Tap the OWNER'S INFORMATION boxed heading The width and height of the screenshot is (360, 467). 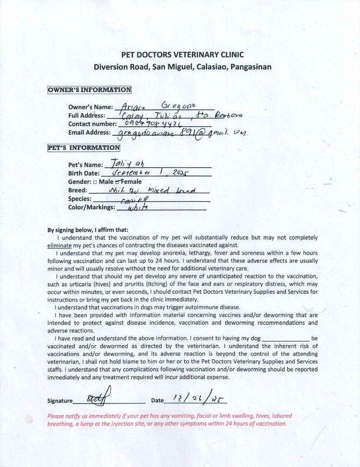coord(90,90)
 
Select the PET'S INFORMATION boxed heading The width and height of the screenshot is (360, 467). coord(84,147)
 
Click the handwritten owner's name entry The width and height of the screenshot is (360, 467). coord(158,107)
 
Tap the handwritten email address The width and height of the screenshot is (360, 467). coord(178,132)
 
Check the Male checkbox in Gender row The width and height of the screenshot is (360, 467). coord(95,182)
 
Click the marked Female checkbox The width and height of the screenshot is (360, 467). coord(117,182)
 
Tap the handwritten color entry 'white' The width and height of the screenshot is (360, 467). coord(138,207)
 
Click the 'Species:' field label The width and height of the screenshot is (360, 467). coord(80,199)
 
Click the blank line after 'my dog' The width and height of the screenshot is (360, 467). coord(286,339)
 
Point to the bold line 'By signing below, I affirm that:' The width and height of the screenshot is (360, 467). coord(87,230)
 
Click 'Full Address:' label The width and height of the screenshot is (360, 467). coord(87,115)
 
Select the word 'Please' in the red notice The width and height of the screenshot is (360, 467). coord(55,416)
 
